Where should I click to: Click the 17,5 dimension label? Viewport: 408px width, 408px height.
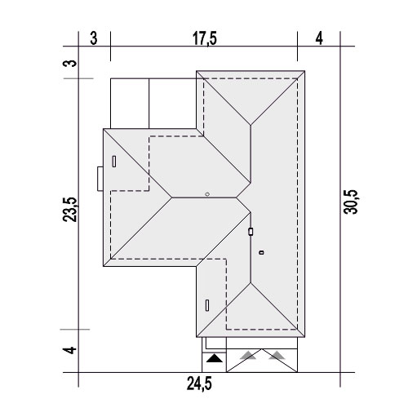[205, 38]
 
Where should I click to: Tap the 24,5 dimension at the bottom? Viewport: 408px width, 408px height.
[199, 384]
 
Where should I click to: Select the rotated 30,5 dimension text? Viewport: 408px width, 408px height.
[351, 202]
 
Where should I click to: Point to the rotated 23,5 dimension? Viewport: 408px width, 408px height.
[70, 210]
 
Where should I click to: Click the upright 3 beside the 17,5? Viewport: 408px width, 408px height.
[94, 38]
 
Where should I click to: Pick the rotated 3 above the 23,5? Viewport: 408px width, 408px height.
[70, 64]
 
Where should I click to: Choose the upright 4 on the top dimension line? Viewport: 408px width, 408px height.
[319, 38]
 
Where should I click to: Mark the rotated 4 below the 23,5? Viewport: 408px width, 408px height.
[70, 350]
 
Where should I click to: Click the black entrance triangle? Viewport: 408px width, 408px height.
[215, 358]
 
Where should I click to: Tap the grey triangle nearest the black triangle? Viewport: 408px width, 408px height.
[248, 355]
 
